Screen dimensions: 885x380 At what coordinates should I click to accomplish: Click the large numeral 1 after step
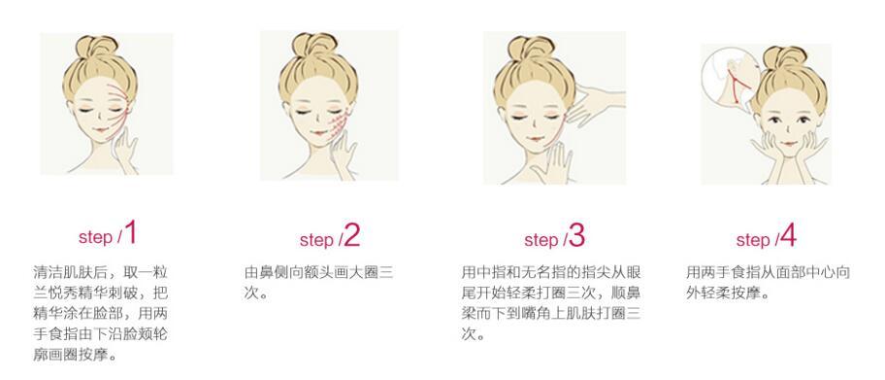point(130,232)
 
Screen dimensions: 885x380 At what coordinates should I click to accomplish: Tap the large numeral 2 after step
point(351,235)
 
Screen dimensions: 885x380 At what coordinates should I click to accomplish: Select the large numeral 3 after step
point(576,235)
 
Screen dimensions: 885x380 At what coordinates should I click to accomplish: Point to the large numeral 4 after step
point(788,235)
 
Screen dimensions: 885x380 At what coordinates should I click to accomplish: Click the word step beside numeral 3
point(541,240)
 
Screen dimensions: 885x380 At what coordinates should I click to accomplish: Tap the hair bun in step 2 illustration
point(314,46)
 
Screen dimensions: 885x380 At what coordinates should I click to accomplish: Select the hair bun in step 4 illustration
point(787,57)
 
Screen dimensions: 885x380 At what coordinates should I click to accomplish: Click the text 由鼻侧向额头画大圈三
point(318,272)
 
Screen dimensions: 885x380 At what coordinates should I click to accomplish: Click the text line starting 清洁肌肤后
point(101,272)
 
